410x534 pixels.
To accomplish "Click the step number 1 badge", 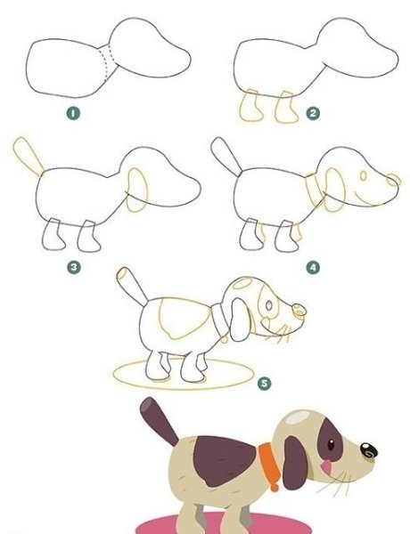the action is pos(73,113).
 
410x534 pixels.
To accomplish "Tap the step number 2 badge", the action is pos(313,113).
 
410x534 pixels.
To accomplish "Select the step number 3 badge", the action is pos(74,267).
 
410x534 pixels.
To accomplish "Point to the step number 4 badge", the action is pos(313,267).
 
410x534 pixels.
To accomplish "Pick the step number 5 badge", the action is pos(265,384).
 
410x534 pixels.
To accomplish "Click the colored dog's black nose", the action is pos(369,450).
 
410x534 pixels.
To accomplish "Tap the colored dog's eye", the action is pos(331,445).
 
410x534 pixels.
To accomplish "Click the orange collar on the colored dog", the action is pos(270,465).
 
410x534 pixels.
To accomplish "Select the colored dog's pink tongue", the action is pos(327,467).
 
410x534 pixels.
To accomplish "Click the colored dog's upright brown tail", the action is pos(159,422).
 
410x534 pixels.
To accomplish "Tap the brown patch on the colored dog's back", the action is pos(224,460).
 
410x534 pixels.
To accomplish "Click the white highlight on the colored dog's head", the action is pos(297,417).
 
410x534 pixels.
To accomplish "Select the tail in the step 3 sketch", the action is pos(28,156).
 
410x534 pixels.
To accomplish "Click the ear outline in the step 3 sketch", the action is pos(137,190).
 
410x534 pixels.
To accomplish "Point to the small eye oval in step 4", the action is pos(364,175).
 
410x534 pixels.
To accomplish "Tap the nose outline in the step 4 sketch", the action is pos(394,180).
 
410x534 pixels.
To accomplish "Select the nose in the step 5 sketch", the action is pos(299,311).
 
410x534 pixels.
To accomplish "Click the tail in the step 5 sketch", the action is pos(132,286).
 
